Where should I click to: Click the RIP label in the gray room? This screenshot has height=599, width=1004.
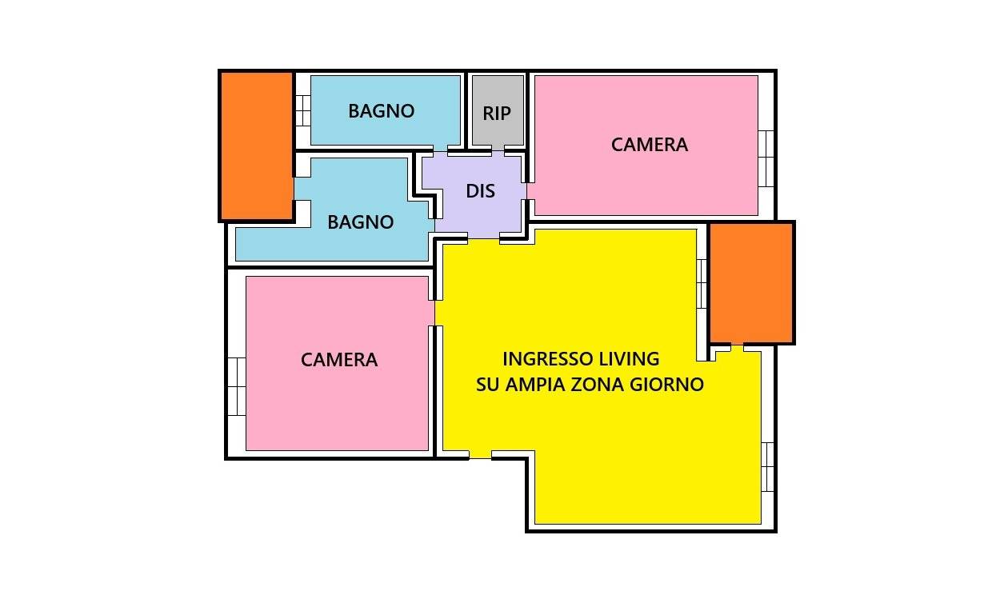tap(497, 114)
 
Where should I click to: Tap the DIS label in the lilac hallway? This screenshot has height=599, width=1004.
tap(481, 191)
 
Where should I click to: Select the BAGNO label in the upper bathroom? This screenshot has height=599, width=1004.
tap(382, 111)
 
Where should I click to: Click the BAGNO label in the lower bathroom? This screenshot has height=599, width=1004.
tap(361, 222)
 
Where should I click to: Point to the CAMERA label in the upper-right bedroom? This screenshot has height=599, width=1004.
tap(650, 145)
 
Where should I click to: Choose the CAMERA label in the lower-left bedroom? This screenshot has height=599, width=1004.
tap(339, 360)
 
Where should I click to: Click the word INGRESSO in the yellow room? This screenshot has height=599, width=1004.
tap(542, 359)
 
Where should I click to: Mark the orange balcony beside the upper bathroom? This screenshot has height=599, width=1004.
tap(256, 146)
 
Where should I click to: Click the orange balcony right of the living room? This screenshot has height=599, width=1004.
tap(752, 282)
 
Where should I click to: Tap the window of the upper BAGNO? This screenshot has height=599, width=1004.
tap(303, 110)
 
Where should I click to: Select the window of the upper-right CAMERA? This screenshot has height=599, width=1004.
tap(766, 158)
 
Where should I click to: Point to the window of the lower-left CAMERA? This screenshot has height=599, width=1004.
tap(237, 386)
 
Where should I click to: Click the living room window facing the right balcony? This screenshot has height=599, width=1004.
tap(702, 284)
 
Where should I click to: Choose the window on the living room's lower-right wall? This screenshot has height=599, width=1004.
tap(768, 467)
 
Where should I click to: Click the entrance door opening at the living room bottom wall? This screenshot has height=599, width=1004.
tap(480, 455)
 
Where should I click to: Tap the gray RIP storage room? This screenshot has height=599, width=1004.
tap(498, 110)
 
